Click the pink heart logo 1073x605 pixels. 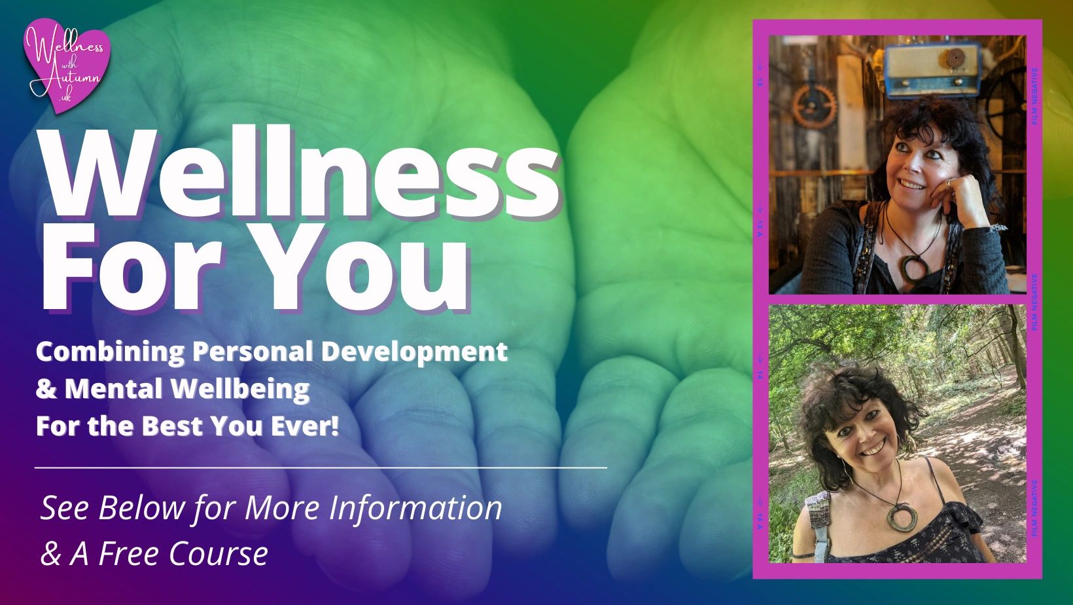tap(67, 65)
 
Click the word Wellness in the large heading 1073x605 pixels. tap(301, 173)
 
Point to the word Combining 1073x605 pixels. tap(110, 352)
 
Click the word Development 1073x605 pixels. tap(414, 351)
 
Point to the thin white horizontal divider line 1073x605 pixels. tap(321, 467)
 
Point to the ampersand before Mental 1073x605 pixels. tap(46, 390)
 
